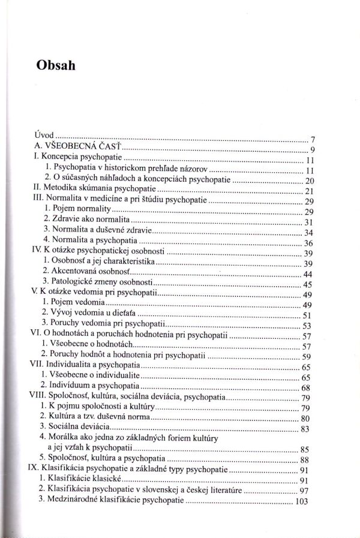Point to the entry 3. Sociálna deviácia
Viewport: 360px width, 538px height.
[76, 428]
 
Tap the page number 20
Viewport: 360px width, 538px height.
[310, 181]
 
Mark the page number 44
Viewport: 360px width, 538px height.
[308, 274]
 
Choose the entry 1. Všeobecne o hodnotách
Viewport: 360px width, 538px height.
[87, 346]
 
